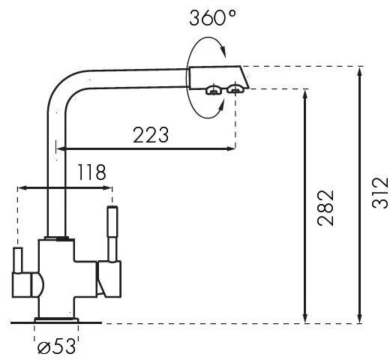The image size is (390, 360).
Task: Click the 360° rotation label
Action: coord(212,18)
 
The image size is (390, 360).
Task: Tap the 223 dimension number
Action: coord(151,135)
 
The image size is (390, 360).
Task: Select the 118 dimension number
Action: coord(91,172)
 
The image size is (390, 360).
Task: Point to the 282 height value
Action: coord(325,208)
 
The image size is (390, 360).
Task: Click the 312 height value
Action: coord(380,193)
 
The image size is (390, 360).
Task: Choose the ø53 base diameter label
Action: coord(56,346)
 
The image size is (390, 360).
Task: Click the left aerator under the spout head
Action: coord(214,90)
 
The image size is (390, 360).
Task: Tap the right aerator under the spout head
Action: coord(235,89)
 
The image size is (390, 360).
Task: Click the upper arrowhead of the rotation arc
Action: coord(223,51)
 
